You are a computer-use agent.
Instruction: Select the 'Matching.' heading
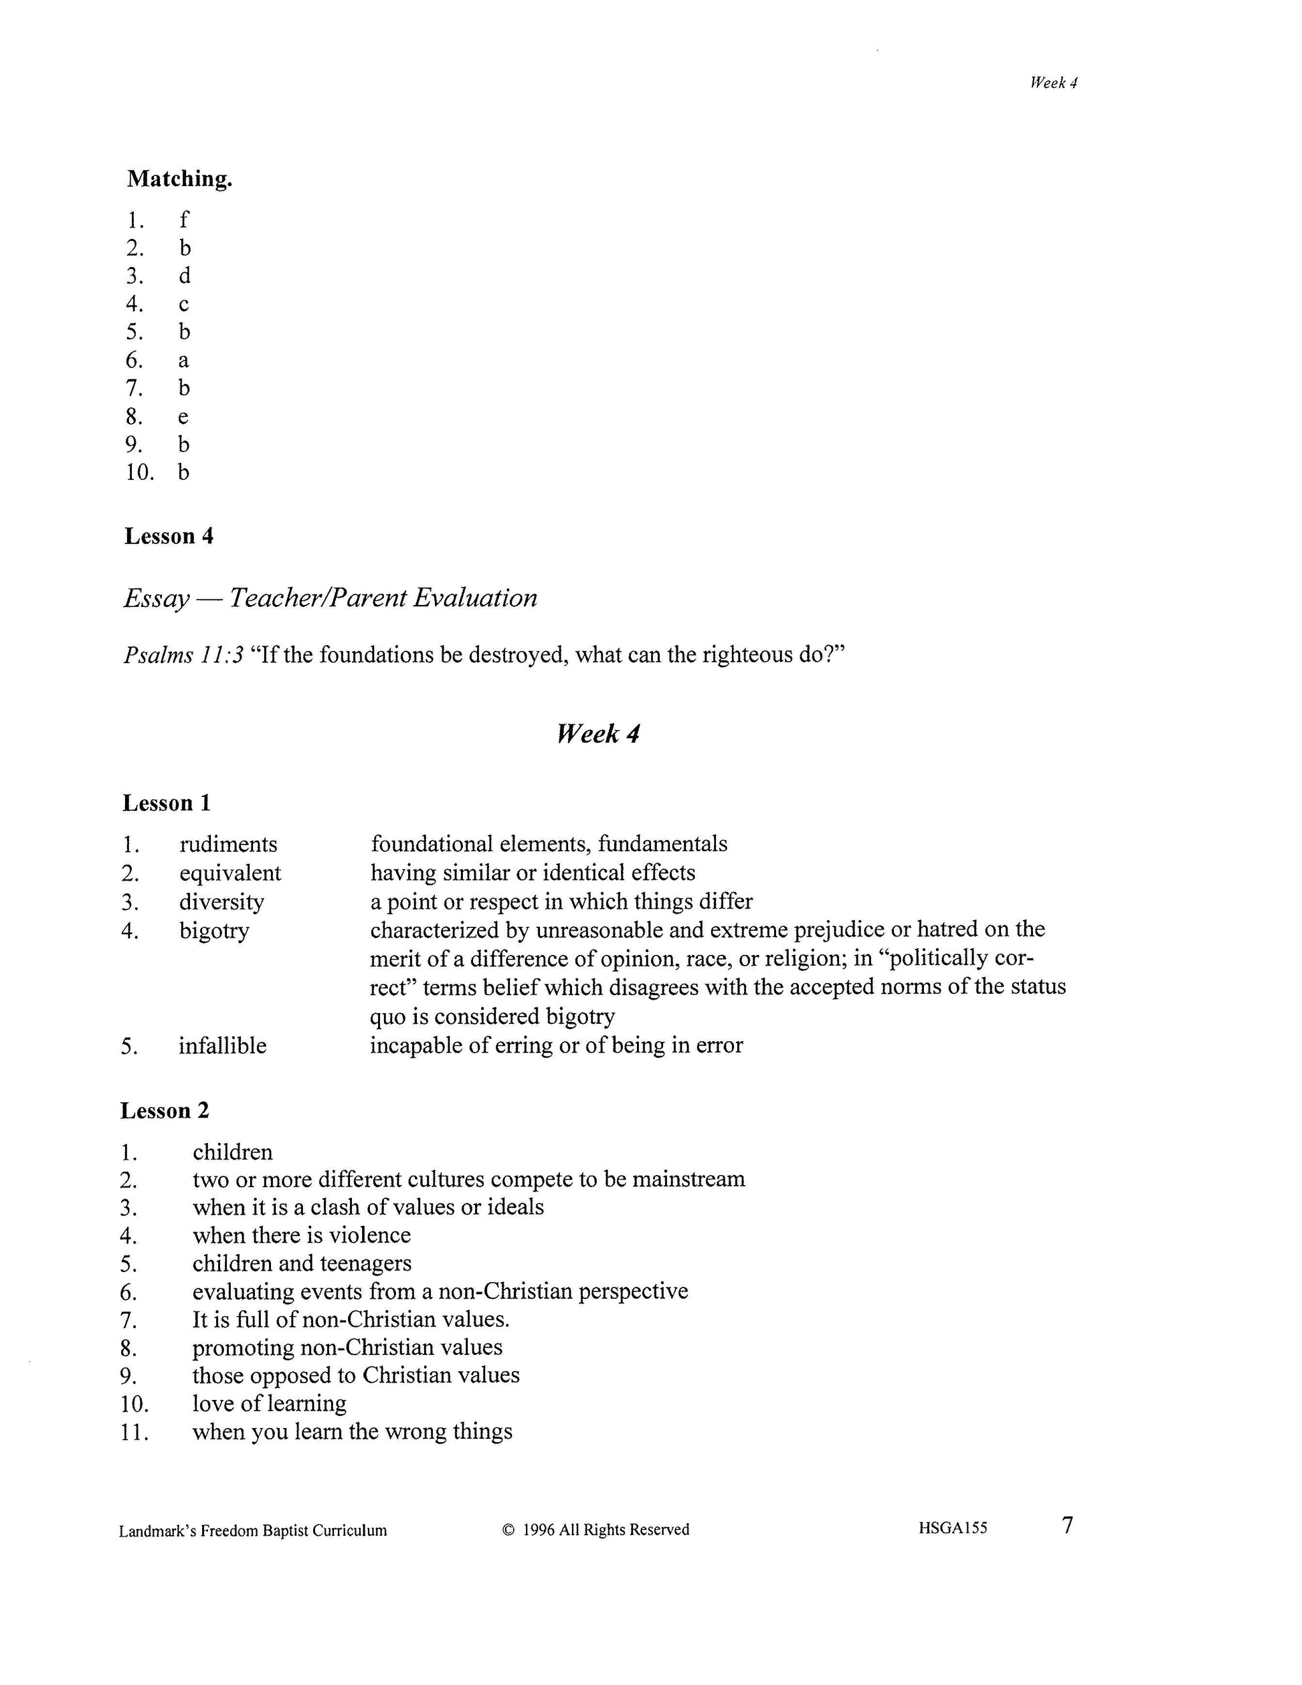tap(180, 179)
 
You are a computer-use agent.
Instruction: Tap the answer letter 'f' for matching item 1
tap(183, 220)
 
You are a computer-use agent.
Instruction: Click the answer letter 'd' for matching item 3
tap(185, 276)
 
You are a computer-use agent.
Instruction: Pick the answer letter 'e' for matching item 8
tap(183, 418)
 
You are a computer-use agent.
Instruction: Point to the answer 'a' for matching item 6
tap(183, 360)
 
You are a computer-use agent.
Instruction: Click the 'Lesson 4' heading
tap(169, 536)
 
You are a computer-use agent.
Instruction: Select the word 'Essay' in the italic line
tap(156, 598)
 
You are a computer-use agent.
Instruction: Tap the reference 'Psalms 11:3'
tap(183, 655)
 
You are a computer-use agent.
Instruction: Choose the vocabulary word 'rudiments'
tap(228, 844)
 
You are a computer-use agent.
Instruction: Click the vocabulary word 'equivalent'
tap(230, 873)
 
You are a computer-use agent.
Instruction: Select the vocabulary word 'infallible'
tap(223, 1046)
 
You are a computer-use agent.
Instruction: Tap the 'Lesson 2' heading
tap(165, 1111)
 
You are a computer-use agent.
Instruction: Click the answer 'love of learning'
tap(269, 1403)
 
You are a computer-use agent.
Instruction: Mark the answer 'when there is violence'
tap(302, 1236)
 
